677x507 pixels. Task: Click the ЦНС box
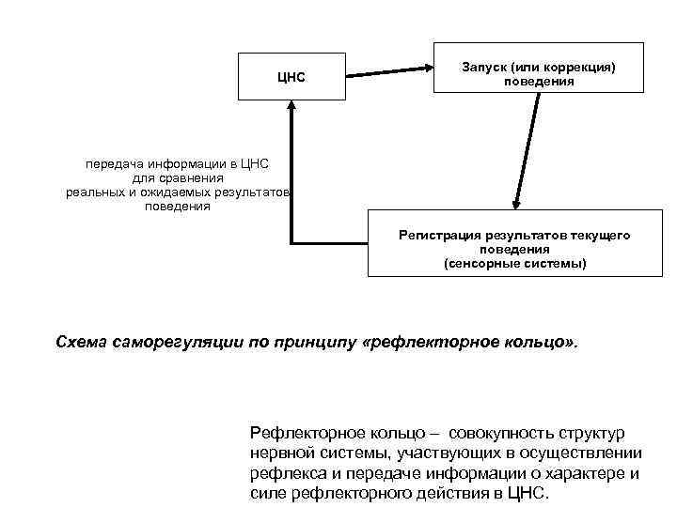tap(291, 76)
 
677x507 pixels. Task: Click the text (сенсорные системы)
tap(514, 264)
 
